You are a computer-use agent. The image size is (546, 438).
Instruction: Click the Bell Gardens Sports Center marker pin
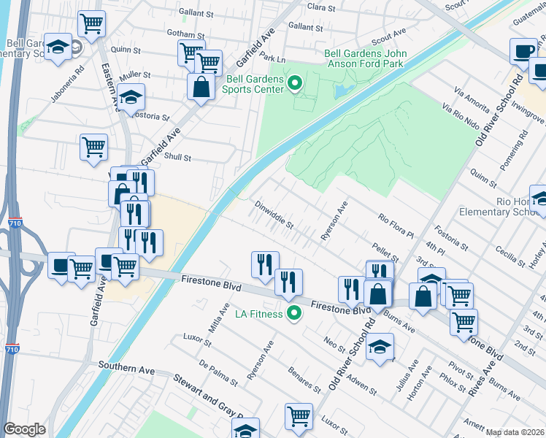point(295,84)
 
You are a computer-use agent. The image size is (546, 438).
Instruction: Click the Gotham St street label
point(185,35)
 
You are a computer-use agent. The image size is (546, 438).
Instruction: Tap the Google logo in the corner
point(24,429)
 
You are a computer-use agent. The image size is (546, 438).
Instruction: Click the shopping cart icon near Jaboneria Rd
point(92,23)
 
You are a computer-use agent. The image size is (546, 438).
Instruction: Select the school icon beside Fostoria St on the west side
point(131,96)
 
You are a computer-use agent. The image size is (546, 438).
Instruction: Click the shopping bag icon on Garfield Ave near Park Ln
point(200,87)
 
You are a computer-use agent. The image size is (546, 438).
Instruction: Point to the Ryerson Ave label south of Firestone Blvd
point(260,360)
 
